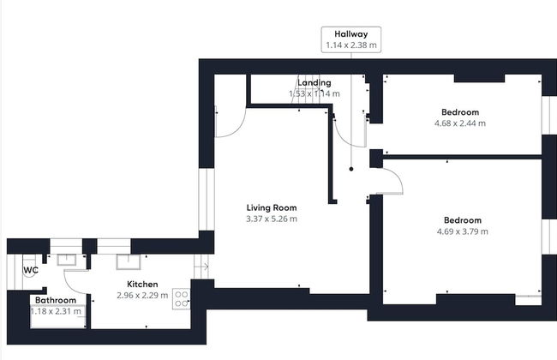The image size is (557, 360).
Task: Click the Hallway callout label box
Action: tap(350, 39)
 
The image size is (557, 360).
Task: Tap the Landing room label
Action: tap(314, 82)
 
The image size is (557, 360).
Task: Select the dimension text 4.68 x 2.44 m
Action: tap(459, 123)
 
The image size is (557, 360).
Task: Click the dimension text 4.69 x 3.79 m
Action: tap(461, 231)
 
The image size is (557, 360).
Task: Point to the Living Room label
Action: tap(271, 207)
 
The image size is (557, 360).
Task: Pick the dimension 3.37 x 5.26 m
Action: tap(271, 219)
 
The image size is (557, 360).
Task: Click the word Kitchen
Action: tap(142, 284)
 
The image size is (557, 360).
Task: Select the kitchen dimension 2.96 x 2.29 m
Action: tap(142, 296)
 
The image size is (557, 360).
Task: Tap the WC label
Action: tap(30, 270)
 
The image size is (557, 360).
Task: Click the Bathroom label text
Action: tap(56, 300)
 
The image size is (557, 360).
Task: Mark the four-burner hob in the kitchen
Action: tap(182, 298)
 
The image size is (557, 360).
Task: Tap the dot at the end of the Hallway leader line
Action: tap(350, 170)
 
